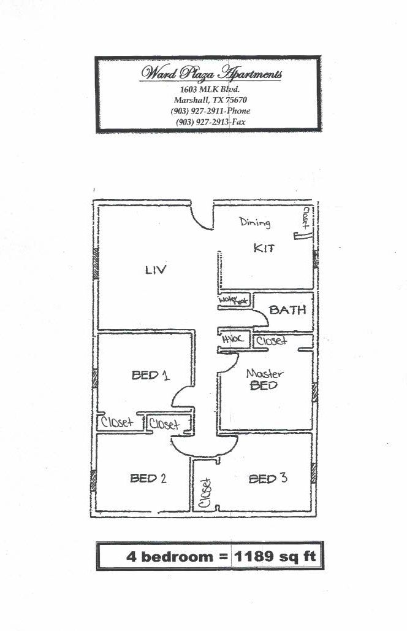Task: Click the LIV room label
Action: (156, 269)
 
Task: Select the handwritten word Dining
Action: (254, 222)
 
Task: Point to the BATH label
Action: (287, 310)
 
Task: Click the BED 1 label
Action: (150, 375)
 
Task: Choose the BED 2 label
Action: (148, 478)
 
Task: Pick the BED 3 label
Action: (268, 478)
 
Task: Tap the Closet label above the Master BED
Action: (271, 341)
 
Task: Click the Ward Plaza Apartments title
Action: (211, 74)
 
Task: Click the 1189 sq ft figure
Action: (275, 557)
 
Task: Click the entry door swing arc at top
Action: (201, 217)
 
